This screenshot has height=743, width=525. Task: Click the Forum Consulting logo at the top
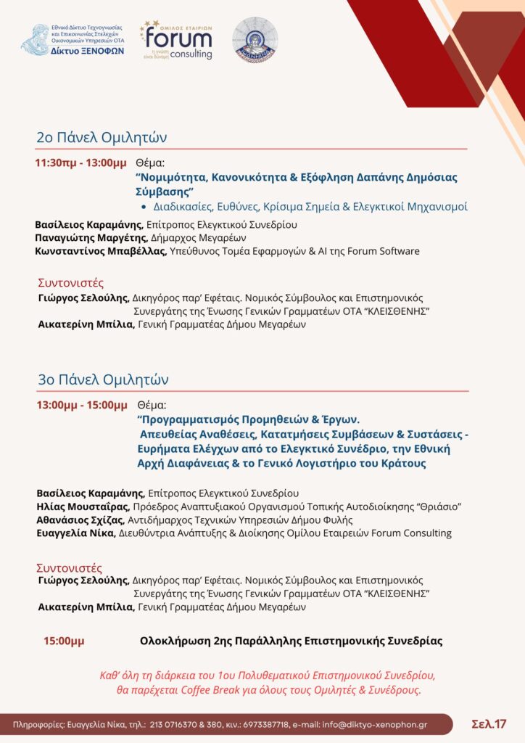pos(176,41)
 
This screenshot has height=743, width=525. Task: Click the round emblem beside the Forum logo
pos(255,39)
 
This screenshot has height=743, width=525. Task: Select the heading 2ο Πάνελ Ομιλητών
pos(102,138)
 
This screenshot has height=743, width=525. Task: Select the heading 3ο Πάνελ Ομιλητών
pos(102,379)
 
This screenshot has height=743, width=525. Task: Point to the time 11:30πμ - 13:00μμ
pos(80,163)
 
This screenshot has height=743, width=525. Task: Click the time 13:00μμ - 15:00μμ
pos(81,404)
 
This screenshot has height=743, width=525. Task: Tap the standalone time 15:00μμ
pos(64,641)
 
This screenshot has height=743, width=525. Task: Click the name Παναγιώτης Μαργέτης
pos(90,237)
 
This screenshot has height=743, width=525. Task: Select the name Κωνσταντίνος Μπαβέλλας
pos(101,251)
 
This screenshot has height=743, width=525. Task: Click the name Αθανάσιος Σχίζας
pos(80,520)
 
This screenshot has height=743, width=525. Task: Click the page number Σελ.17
pos(488,723)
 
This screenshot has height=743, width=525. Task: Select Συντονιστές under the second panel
pos(70,283)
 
